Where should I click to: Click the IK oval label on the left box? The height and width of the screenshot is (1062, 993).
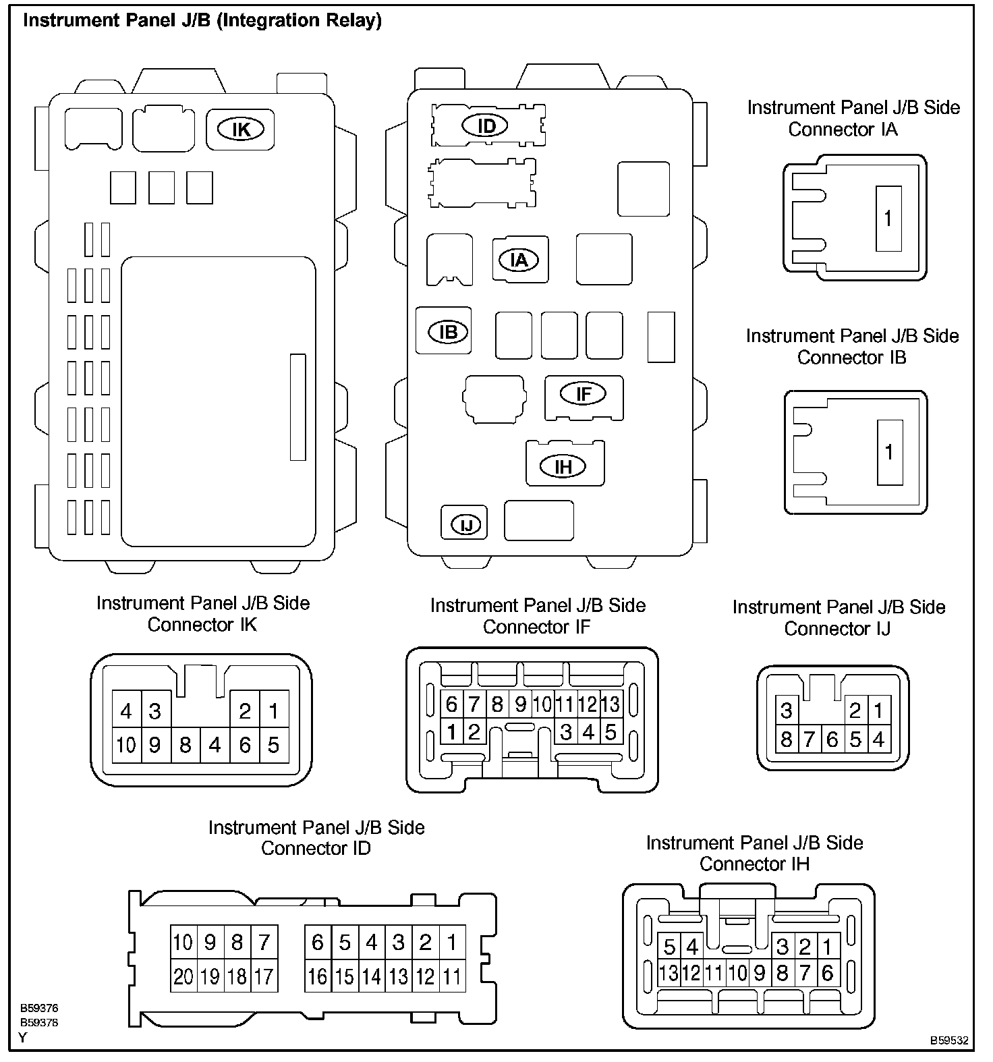click(241, 129)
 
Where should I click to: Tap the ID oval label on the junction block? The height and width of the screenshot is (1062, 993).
click(486, 125)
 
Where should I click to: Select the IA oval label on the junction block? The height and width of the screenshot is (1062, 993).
click(519, 260)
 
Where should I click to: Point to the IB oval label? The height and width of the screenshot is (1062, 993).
click(449, 331)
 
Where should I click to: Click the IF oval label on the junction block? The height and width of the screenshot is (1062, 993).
click(584, 393)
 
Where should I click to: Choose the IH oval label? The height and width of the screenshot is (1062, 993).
click(563, 466)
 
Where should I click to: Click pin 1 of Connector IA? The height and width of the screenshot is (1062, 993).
click(888, 219)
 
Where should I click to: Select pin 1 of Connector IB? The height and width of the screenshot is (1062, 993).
click(889, 452)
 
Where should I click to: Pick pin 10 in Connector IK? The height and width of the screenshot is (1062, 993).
click(126, 745)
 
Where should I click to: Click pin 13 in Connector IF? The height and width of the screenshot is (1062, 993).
click(611, 704)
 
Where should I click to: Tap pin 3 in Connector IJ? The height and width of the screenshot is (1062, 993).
click(787, 710)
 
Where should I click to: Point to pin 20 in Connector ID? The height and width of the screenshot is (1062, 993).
click(183, 976)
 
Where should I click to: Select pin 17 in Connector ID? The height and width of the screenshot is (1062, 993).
click(264, 976)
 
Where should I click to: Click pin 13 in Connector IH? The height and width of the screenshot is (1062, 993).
click(669, 973)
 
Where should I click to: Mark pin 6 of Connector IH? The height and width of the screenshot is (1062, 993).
click(828, 973)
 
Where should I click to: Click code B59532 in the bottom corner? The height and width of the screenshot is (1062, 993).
click(949, 1040)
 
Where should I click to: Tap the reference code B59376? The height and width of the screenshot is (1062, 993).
click(39, 1008)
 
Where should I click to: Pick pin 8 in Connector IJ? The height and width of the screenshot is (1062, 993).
click(787, 739)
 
